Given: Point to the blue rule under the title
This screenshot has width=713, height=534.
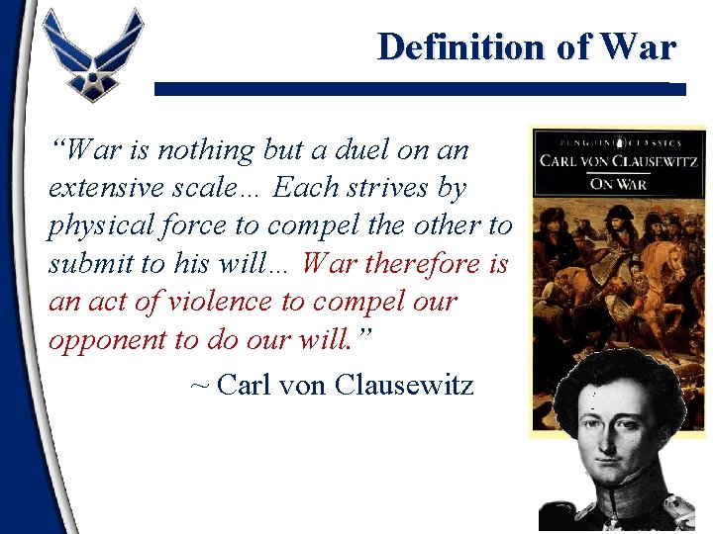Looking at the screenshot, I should coord(420,89).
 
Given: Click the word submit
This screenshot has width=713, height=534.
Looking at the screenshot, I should coord(88,263).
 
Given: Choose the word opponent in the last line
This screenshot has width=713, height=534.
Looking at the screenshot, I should coord(108,338).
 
